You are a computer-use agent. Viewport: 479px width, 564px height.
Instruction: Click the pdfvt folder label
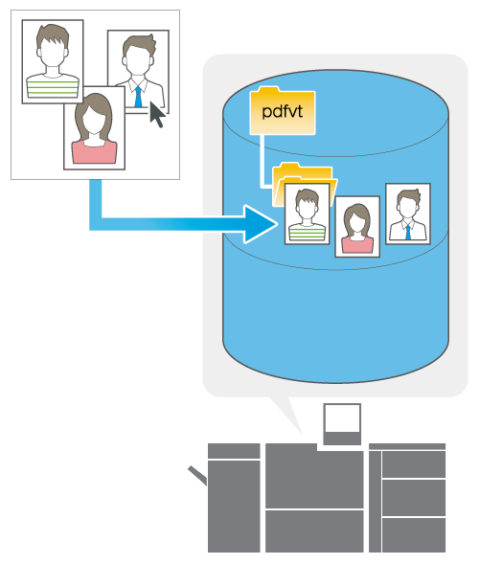coord(283,111)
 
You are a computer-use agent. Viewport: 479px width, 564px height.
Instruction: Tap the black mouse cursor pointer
coord(157,114)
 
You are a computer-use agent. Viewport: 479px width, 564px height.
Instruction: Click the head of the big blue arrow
coord(260,224)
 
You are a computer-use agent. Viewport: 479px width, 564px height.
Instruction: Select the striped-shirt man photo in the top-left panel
coord(53,62)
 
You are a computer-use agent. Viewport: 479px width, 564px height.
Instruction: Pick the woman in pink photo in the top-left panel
coord(94,128)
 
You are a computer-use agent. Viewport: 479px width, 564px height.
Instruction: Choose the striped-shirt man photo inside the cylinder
coord(307,214)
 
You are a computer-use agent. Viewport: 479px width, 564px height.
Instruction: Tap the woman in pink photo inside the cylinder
coord(357,227)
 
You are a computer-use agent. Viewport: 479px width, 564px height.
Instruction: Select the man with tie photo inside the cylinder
coord(408,214)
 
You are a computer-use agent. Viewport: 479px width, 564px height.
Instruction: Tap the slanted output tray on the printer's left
coord(197,475)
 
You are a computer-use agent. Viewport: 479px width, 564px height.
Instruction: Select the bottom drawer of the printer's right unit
coord(414,535)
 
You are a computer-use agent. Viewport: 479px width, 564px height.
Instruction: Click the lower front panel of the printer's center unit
coord(314,531)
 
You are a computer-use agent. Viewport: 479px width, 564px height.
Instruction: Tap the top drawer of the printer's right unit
coord(414,464)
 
